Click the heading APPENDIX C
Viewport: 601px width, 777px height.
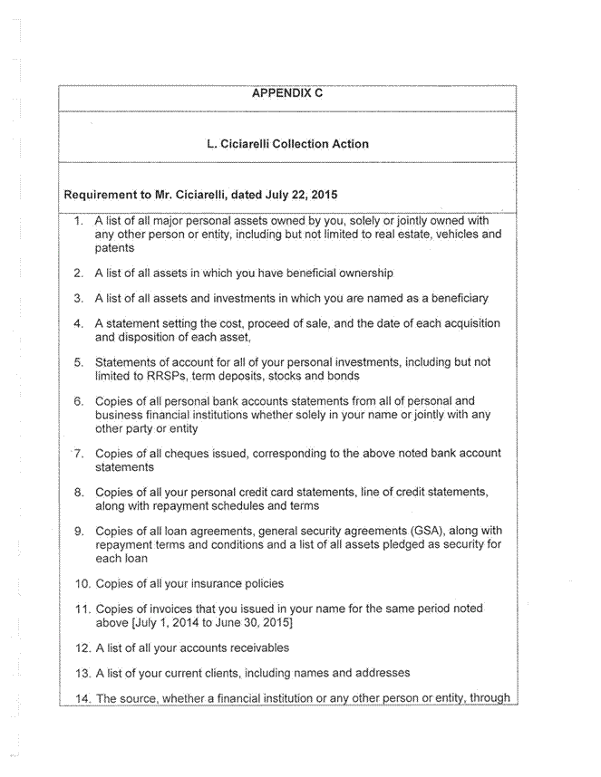click(x=287, y=93)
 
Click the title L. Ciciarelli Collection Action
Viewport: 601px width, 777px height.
click(x=287, y=143)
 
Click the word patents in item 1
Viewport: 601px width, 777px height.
click(x=114, y=248)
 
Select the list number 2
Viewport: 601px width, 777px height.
click(x=79, y=273)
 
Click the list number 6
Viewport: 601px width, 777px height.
click(x=79, y=401)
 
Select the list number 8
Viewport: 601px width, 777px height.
click(x=79, y=493)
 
